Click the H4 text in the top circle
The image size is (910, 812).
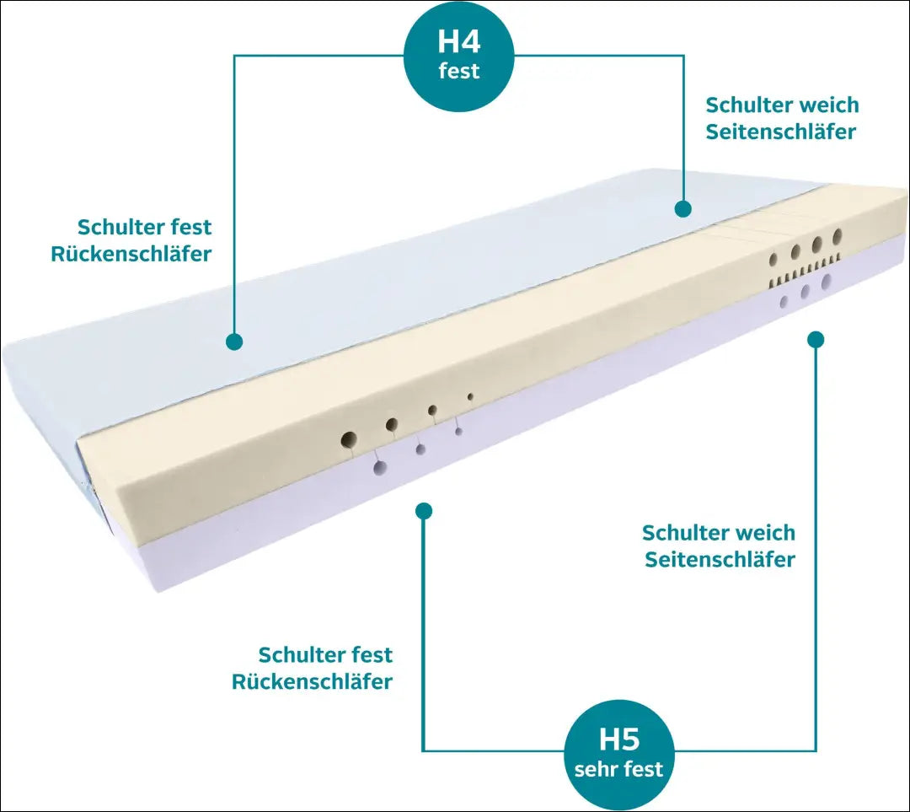[459, 41]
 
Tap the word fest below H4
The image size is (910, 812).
[459, 71]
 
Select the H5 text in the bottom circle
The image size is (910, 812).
[619, 739]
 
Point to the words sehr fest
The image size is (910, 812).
[619, 769]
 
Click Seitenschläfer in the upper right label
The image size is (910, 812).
[781, 132]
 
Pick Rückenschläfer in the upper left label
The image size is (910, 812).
[131, 254]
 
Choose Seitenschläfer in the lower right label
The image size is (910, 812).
[720, 560]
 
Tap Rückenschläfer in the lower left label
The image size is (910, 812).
[313, 682]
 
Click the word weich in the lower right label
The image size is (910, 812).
[765, 533]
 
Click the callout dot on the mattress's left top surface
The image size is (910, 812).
[234, 341]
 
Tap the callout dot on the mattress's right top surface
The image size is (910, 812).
[682, 208]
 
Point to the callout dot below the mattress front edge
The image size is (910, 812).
[424, 511]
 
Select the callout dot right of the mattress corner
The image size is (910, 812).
[815, 340]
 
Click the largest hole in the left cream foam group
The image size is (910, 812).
[349, 438]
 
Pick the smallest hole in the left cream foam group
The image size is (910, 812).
[470, 395]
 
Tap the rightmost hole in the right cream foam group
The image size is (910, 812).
[838, 235]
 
